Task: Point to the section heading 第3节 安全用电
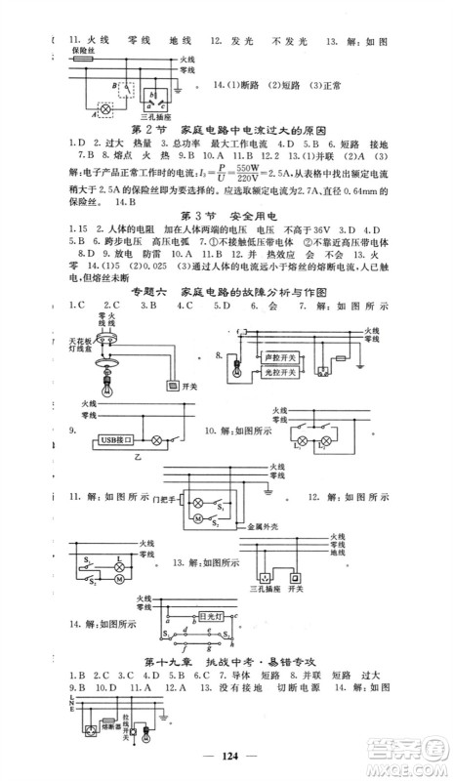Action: click(226, 213)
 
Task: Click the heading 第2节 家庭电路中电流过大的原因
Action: click(226, 130)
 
